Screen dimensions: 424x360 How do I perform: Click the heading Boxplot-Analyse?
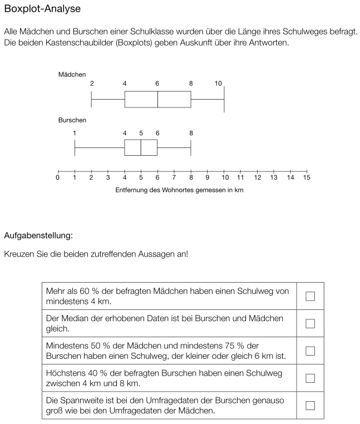(x=42, y=9)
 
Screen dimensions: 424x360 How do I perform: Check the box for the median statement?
(x=310, y=323)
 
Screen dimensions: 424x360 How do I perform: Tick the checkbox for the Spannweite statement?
(x=310, y=406)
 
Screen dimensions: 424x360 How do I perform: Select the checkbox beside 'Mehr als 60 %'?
(x=310, y=296)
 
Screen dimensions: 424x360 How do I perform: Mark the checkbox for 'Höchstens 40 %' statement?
(x=310, y=378)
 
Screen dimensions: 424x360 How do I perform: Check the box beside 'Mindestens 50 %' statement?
(x=310, y=351)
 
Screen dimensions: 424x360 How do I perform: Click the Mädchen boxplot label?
(x=72, y=74)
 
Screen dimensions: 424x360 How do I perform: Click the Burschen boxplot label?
(x=72, y=120)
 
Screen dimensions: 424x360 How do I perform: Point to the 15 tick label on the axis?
(x=307, y=178)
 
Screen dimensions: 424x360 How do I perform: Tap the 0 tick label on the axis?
(x=58, y=178)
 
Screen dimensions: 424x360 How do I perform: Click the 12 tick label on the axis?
(x=257, y=178)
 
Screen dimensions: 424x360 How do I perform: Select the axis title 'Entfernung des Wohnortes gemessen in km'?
(x=179, y=190)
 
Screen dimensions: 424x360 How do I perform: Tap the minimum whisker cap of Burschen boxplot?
(x=75, y=148)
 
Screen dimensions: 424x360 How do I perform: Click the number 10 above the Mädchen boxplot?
(x=218, y=83)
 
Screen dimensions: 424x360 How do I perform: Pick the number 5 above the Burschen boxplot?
(x=141, y=133)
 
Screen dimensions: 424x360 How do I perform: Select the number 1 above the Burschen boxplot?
(x=75, y=133)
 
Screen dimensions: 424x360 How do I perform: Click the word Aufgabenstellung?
(x=38, y=235)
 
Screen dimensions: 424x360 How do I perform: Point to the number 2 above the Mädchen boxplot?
(x=91, y=83)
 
